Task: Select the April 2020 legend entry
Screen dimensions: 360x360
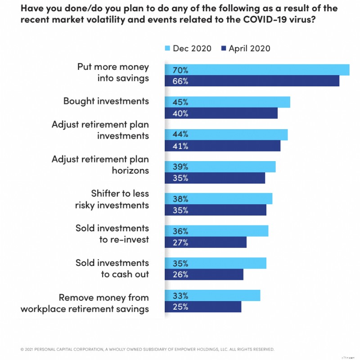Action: tap(245, 49)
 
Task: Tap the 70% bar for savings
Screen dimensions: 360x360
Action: tap(257, 70)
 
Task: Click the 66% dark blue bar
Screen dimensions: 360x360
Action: tap(252, 81)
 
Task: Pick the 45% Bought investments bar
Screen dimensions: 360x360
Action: tap(227, 102)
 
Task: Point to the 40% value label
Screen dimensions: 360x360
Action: tap(180, 113)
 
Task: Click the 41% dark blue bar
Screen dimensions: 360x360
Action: tap(222, 146)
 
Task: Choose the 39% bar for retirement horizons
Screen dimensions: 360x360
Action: tap(220, 166)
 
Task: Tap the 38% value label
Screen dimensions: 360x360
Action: tap(180, 199)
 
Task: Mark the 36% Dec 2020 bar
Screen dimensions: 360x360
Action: tap(216, 231)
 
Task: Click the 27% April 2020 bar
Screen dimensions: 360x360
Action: tap(206, 243)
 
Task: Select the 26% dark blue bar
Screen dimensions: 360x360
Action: tap(204, 274)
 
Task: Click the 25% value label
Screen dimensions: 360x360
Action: tap(180, 307)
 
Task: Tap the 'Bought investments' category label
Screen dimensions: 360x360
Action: tap(106, 101)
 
